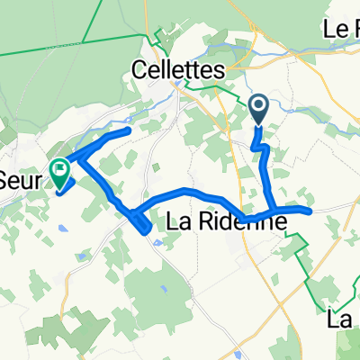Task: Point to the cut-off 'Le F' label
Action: tap(341, 29)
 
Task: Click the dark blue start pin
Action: tap(258, 110)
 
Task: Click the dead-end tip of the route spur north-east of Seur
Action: tap(130, 132)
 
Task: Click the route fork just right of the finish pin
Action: tap(79, 162)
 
